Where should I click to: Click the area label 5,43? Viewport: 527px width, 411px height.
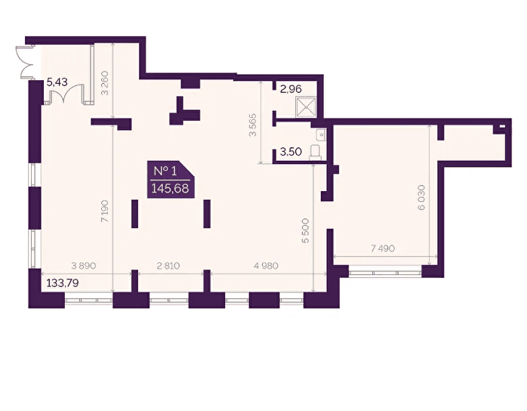57,82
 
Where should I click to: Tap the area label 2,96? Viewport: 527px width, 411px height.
291,89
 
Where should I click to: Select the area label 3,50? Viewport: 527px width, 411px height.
291,152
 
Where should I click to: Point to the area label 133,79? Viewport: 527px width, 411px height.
63,283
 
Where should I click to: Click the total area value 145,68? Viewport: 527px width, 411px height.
170,188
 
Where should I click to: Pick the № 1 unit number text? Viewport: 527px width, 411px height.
165,172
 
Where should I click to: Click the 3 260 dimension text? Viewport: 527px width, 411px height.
105,83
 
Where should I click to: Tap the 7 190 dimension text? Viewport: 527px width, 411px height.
105,212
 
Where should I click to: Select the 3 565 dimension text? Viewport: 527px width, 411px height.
252,125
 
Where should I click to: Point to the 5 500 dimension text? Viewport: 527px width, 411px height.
305,230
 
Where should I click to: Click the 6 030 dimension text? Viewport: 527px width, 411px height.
421,197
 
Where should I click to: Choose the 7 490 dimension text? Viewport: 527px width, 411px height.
383,249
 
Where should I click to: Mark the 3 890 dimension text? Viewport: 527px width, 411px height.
84,266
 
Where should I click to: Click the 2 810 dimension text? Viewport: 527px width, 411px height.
168,266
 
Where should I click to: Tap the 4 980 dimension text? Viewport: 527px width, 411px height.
267,266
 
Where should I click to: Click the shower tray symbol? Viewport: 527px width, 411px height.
306,107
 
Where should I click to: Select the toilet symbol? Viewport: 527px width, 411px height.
316,151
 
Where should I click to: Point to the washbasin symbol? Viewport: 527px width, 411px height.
321,134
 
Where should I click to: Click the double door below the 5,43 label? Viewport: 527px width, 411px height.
66,93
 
